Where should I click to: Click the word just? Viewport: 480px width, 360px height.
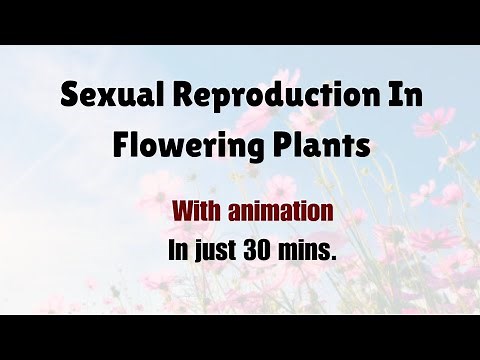click(215, 251)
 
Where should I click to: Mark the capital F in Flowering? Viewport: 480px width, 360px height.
click(121, 145)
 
